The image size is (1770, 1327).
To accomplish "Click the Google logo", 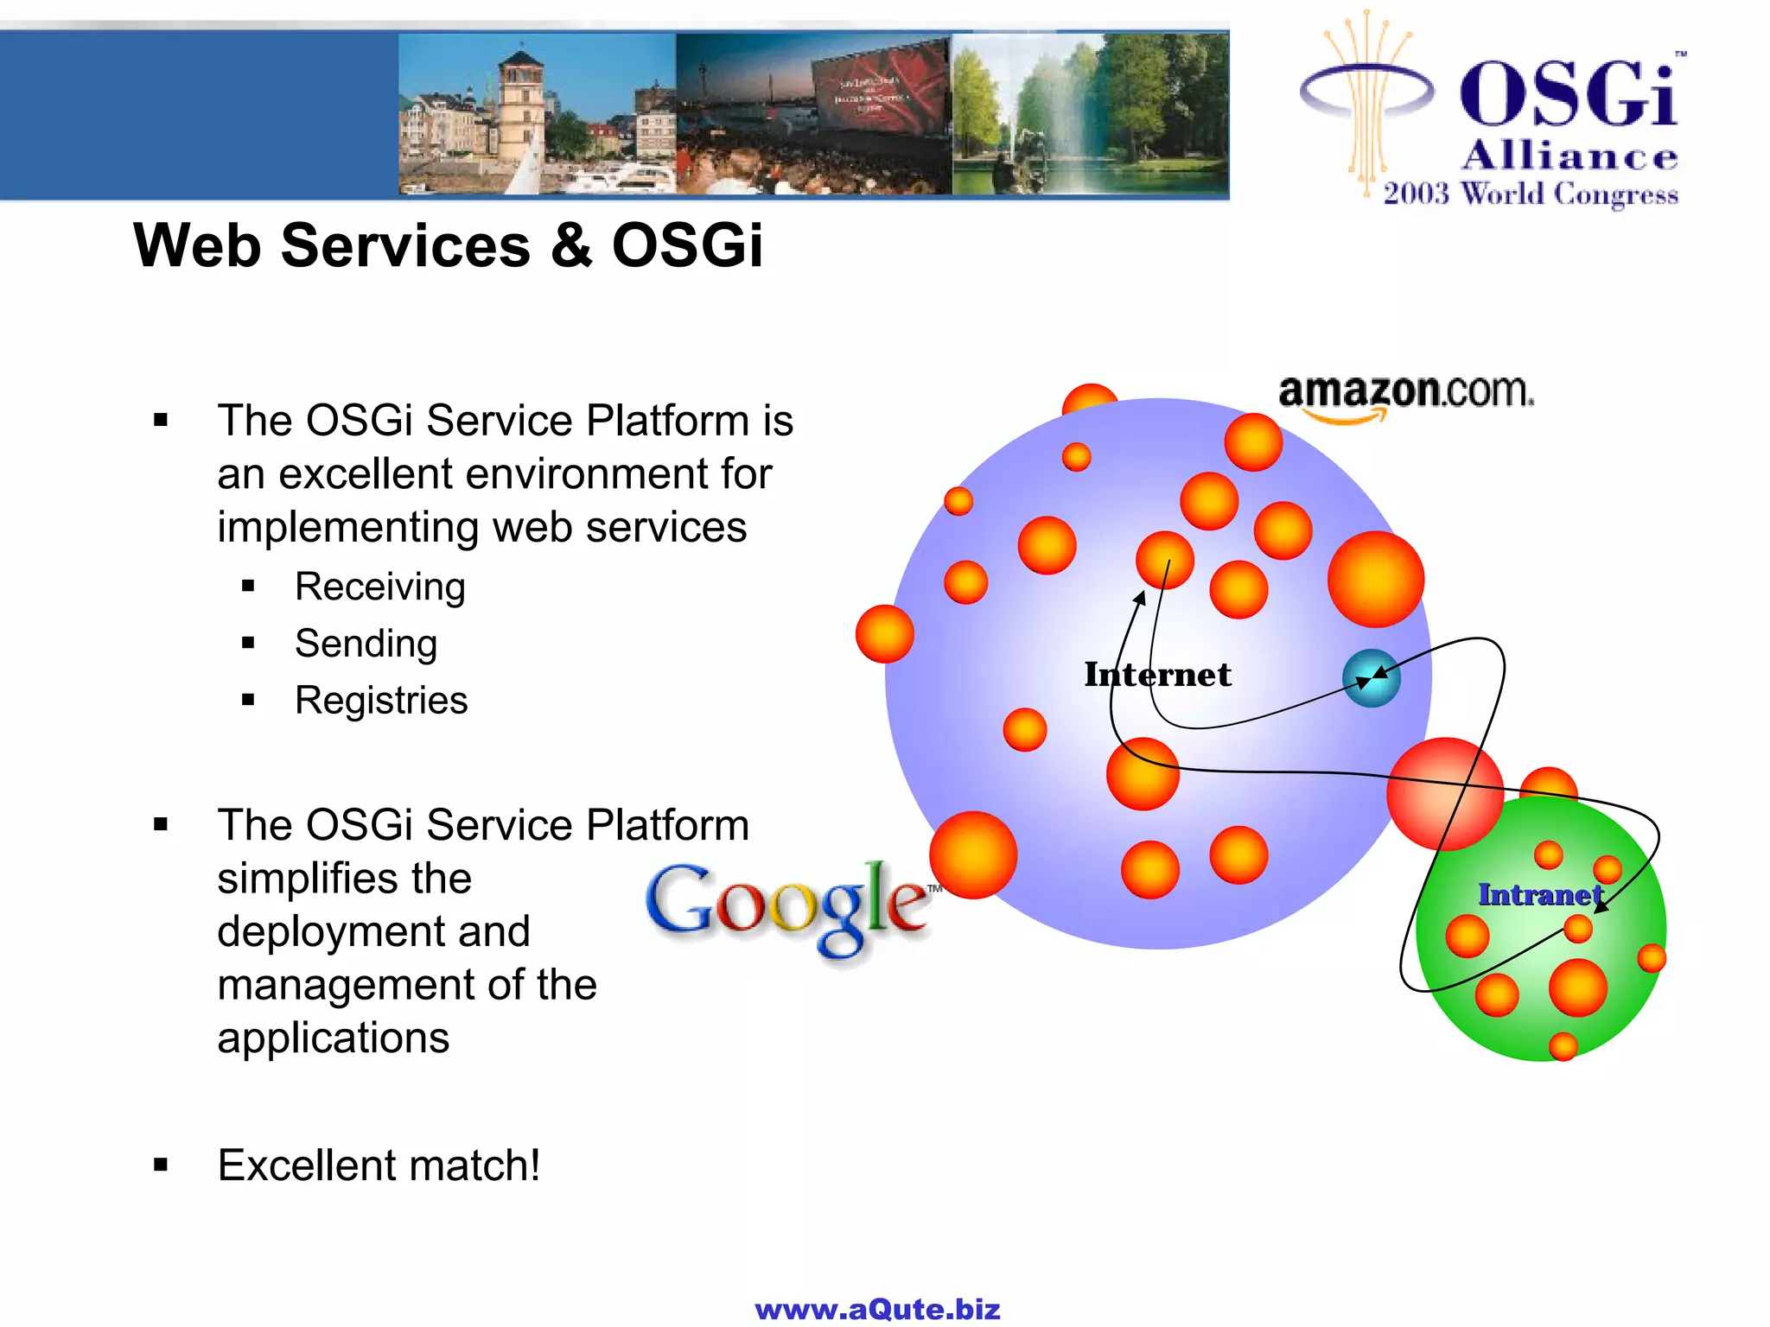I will tap(788, 906).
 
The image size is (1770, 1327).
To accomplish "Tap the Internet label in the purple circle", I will tap(1157, 675).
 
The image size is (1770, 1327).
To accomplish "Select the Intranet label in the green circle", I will tap(1539, 895).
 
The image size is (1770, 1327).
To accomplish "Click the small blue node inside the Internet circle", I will tap(1371, 678).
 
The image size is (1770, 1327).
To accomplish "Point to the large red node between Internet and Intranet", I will tap(1444, 794).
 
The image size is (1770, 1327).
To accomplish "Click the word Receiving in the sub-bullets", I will tap(379, 587).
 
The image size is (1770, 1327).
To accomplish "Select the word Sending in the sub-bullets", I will tap(366, 644).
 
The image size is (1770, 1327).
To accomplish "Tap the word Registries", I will tap(380, 701).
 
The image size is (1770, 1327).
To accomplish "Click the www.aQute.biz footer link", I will tap(877, 1309).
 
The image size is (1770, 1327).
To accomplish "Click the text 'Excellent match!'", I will tap(379, 1165).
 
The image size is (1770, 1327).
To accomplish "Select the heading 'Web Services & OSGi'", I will tap(448, 245).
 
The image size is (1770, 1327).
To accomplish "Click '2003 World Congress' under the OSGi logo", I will tap(1530, 194).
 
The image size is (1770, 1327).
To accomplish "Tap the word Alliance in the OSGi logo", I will tap(1569, 156).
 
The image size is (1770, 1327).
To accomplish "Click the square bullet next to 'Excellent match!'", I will tap(161, 1165).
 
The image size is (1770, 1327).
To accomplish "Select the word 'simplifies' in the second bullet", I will tap(344, 879).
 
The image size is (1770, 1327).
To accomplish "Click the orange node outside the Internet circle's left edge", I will tap(884, 634).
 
